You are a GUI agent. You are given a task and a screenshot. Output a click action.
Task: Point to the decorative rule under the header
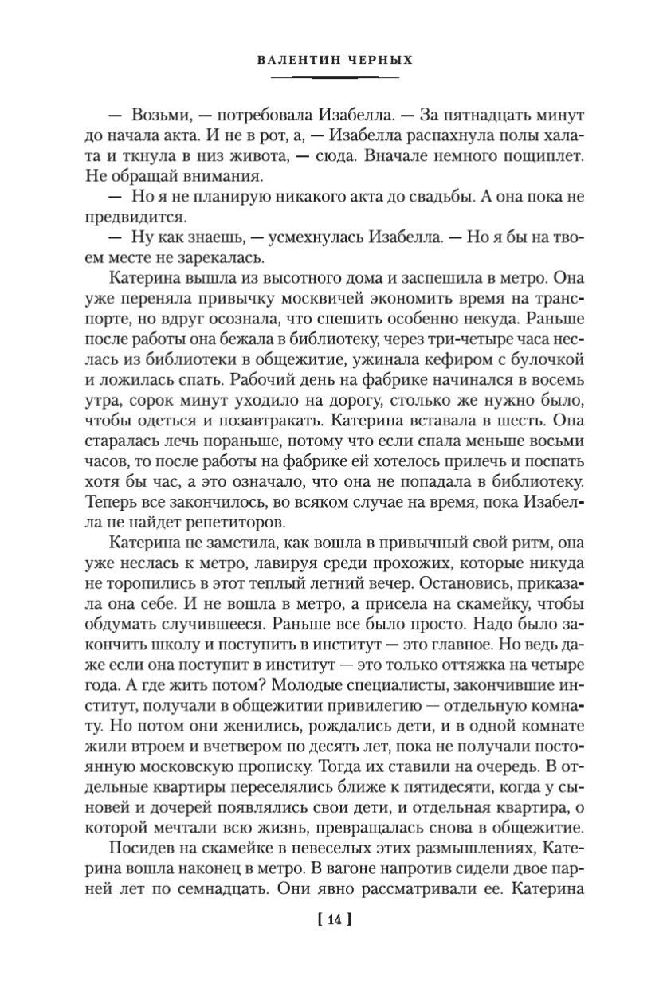[x=334, y=77]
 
